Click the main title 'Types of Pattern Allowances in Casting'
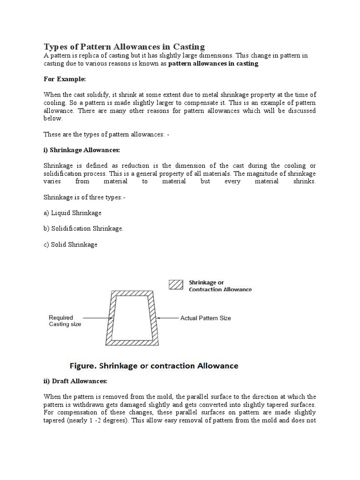(x=124, y=46)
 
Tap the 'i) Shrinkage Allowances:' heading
(x=82, y=150)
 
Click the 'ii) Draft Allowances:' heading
(x=75, y=381)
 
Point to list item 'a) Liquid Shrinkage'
(x=73, y=213)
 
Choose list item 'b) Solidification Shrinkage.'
(x=83, y=229)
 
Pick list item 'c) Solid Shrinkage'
(x=70, y=245)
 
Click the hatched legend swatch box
(x=175, y=285)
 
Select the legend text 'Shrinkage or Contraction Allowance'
(x=219, y=286)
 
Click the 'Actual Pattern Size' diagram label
(x=205, y=318)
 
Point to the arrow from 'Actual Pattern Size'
(x=168, y=318)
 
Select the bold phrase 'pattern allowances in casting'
(x=213, y=63)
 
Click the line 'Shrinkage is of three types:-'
(x=84, y=197)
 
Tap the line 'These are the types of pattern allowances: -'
(x=106, y=135)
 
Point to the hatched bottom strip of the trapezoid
(x=134, y=343)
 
